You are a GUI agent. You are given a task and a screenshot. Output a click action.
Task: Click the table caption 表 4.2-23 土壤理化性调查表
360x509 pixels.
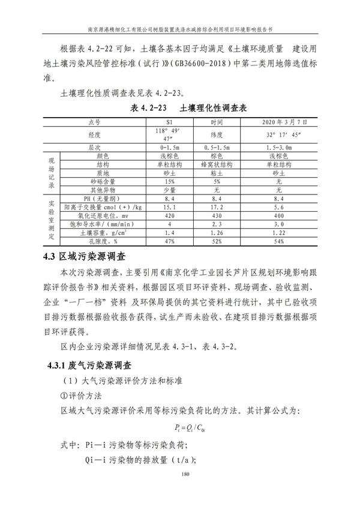(184, 109)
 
